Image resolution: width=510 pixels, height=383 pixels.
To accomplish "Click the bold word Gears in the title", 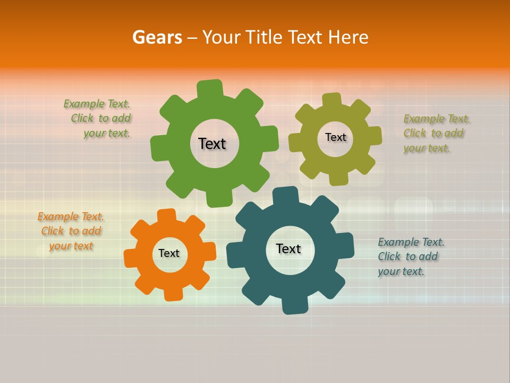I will [x=157, y=37].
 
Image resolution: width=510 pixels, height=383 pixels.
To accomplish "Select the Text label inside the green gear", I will [x=212, y=144].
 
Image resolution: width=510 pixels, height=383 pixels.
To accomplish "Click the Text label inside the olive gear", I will [x=335, y=137].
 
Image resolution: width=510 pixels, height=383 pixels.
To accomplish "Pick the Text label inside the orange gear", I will [x=169, y=253].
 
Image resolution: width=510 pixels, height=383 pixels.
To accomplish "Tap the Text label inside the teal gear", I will [x=288, y=248].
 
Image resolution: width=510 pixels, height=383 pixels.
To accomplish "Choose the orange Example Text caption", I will [x=71, y=231].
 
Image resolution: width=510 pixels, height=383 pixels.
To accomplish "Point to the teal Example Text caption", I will [x=410, y=256].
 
